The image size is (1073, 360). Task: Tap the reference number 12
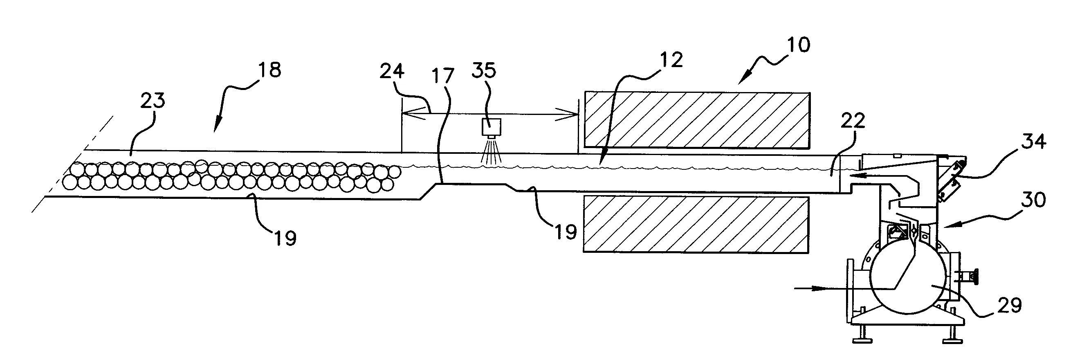point(671,60)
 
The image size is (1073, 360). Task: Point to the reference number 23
point(153,100)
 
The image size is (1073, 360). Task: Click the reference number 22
point(853,121)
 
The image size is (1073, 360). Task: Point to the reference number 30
point(1033,200)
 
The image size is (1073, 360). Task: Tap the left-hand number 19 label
point(285,238)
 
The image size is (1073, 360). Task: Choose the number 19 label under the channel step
point(565,232)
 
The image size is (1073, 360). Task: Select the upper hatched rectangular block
point(697,119)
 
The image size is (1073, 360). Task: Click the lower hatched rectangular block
point(696,225)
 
